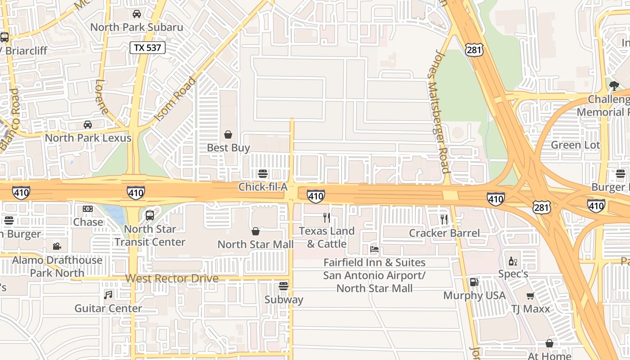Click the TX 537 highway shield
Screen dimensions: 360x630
148,48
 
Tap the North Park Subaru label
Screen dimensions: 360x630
137,27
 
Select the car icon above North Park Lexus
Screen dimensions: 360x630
88,125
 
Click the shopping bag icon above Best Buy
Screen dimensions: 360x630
228,135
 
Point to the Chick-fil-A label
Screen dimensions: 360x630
262,187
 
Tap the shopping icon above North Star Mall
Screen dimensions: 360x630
256,231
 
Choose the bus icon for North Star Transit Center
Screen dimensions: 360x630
150,216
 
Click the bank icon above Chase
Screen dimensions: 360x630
88,209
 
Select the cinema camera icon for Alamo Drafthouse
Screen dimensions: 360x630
57,246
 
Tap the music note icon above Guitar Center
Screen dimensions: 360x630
108,295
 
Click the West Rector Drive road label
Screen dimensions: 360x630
172,279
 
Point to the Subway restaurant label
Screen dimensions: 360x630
283,300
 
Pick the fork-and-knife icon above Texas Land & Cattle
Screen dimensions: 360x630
327,218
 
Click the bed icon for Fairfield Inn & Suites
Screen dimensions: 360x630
374,249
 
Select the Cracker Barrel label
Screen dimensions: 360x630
444,233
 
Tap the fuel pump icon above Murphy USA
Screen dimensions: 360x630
474,282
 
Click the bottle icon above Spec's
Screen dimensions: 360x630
513,261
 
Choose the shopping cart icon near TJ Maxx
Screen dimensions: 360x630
531,296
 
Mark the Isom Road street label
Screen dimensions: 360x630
175,100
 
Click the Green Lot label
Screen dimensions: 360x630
576,145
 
